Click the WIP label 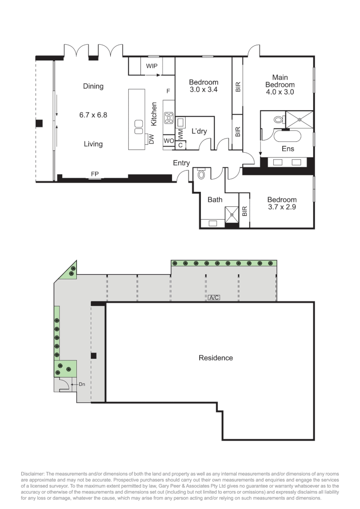tap(152, 66)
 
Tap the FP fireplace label tap(95, 174)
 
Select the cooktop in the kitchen tap(169, 118)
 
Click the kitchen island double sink tap(139, 127)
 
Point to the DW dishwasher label tap(151, 139)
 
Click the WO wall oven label tap(169, 141)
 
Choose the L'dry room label tap(199, 131)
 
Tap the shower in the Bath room tap(232, 214)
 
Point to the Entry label tap(181, 163)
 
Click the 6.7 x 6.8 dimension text tap(93, 115)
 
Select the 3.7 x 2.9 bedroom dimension tap(282, 207)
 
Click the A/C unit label tap(214, 297)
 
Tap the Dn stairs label tap(82, 384)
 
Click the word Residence tap(216, 358)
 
